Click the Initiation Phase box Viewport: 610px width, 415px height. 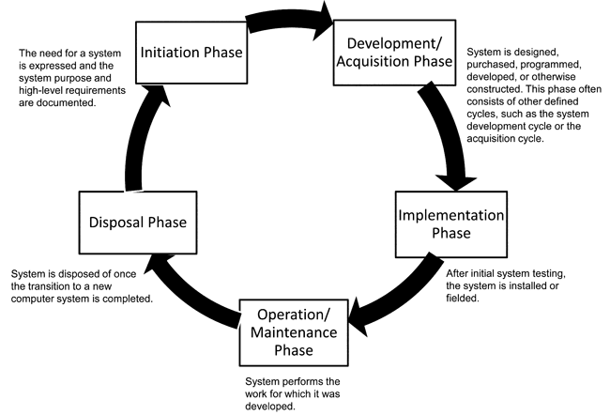click(x=191, y=53)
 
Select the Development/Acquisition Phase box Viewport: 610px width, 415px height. click(x=394, y=53)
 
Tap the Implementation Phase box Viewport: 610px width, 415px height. click(x=451, y=224)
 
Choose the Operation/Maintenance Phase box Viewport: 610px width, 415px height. click(x=294, y=332)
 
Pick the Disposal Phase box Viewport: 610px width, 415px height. click(x=138, y=223)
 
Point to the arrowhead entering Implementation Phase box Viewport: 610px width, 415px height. click(x=455, y=183)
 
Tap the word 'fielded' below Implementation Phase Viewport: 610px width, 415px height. click(x=461, y=299)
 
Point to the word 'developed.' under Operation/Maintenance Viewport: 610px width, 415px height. click(x=270, y=406)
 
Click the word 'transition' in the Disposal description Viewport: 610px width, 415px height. click(x=47, y=286)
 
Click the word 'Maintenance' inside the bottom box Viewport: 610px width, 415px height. click(x=294, y=332)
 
